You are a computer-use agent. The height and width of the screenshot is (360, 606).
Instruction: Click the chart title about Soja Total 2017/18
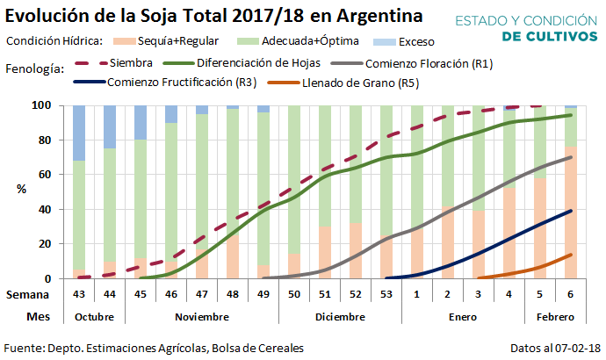(x=212, y=16)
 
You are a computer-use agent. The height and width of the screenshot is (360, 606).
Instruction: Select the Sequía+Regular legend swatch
(x=128, y=40)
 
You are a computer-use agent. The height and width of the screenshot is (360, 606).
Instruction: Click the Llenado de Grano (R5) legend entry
(x=359, y=83)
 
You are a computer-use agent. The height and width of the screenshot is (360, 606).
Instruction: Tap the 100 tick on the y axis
(x=48, y=105)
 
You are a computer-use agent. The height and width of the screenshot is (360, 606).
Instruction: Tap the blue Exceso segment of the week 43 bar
(x=79, y=133)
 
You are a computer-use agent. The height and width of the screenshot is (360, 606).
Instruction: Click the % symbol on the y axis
(x=21, y=189)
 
